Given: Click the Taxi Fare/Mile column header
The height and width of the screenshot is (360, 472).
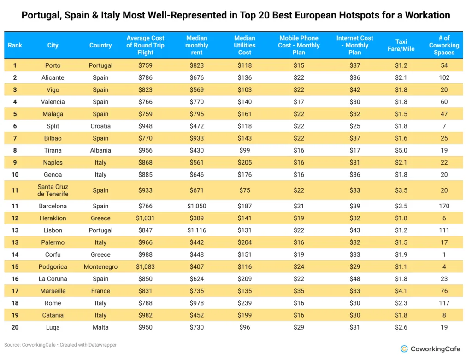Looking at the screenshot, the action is [401, 45].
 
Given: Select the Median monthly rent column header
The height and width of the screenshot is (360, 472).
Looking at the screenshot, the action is [196, 45].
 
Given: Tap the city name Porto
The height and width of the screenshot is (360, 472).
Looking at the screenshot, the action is [53, 65].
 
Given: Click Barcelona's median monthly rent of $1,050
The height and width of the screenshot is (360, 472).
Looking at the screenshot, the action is [196, 206].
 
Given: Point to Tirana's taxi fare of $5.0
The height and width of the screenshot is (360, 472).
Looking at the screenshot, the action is [401, 150].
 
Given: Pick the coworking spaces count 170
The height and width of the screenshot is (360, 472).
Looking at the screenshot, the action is [444, 206].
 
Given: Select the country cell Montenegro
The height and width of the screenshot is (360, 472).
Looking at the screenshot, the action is [100, 267].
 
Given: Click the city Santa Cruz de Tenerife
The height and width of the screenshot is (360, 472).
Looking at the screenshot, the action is [53, 190].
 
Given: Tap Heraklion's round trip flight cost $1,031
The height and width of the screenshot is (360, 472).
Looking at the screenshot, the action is [145, 218].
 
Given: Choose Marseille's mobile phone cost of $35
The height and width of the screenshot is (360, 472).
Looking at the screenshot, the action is [299, 291].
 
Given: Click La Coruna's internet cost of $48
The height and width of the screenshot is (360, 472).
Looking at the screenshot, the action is [354, 279].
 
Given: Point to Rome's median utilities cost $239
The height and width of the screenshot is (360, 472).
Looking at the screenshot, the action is [244, 303].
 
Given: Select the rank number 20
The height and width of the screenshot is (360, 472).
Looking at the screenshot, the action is [15, 327].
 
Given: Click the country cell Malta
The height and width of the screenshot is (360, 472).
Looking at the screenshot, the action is [100, 327].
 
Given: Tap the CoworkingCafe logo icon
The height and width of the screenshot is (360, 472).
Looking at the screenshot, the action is [404, 349].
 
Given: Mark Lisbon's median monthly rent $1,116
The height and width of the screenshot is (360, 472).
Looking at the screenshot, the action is [196, 230].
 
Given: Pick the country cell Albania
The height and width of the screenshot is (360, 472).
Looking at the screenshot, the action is [100, 150].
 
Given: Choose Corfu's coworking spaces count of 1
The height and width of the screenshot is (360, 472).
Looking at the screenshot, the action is [444, 254].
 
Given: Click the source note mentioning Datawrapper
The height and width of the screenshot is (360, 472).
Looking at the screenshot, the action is [60, 345].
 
